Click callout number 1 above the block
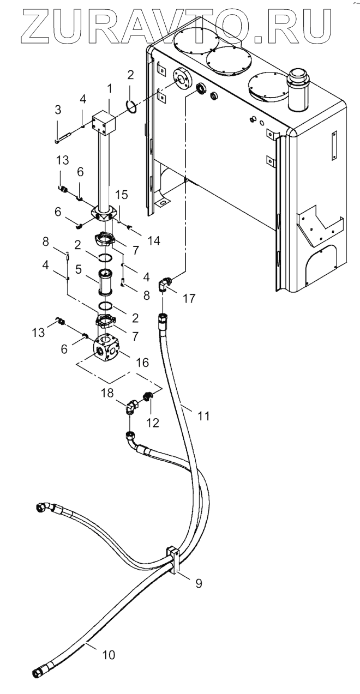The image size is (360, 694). pyautogui.click(x=109, y=89)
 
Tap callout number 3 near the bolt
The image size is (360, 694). pyautogui.click(x=58, y=110)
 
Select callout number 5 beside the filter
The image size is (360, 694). pyautogui.click(x=79, y=269)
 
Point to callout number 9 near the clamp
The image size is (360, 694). pyautogui.click(x=199, y=574)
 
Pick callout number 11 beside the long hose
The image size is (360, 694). pyautogui.click(x=204, y=415)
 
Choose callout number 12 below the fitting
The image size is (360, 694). pyautogui.click(x=153, y=423)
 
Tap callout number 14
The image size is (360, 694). pyautogui.click(x=154, y=240)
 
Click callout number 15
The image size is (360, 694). pyautogui.click(x=122, y=195)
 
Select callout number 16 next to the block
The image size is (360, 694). pyautogui.click(x=142, y=362)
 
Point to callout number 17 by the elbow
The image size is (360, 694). pyautogui.click(x=189, y=298)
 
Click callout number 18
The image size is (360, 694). pyautogui.click(x=107, y=393)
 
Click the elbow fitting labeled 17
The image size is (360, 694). pyautogui.click(x=165, y=284)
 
